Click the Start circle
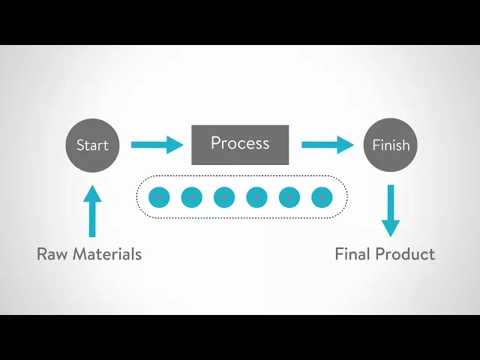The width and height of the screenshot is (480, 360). pos(92,145)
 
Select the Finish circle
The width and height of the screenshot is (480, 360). pos(390,145)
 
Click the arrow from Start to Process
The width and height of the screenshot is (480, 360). pos(157,145)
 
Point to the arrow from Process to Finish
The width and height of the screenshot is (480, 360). pos(327,145)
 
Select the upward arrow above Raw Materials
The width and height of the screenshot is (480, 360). pos(92,211)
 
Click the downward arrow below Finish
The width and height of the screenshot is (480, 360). pos(390,211)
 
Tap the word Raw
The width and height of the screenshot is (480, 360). pos(52,253)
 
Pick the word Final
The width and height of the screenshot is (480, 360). pos(352,253)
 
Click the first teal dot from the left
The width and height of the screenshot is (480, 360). pos(159,197)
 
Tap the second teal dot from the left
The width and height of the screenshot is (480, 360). pos(191,197)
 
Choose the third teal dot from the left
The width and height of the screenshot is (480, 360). pos(224,197)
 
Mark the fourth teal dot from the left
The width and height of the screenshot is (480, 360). pos(256,197)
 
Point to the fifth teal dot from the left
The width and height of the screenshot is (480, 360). pos(289,197)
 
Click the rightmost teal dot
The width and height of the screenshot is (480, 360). pos(322,197)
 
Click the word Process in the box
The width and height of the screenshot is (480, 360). pos(240,142)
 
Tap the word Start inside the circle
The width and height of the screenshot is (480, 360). pos(92,145)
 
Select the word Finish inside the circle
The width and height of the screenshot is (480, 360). pos(391,145)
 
